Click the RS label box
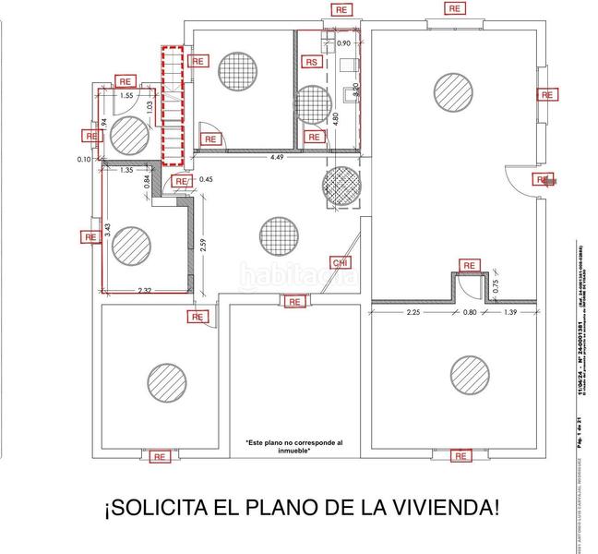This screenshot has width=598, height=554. (x=313, y=62)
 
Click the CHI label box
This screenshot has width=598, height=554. (x=341, y=262)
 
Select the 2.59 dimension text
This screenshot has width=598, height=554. (x=201, y=247)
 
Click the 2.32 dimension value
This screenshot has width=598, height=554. (x=145, y=292)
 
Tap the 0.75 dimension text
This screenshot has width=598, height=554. (x=496, y=286)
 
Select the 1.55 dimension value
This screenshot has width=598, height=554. (x=127, y=95)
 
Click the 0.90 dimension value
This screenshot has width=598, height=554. (x=344, y=43)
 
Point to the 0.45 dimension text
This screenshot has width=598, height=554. (x=206, y=180)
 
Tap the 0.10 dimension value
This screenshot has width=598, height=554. (x=86, y=159)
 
